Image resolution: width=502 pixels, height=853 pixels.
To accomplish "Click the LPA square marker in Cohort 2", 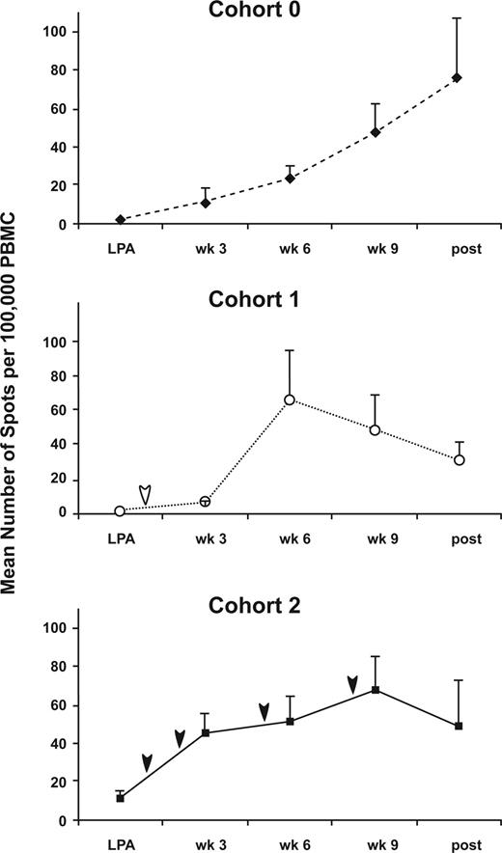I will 120,798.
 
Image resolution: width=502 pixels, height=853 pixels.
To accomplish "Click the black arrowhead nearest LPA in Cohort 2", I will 146,762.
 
